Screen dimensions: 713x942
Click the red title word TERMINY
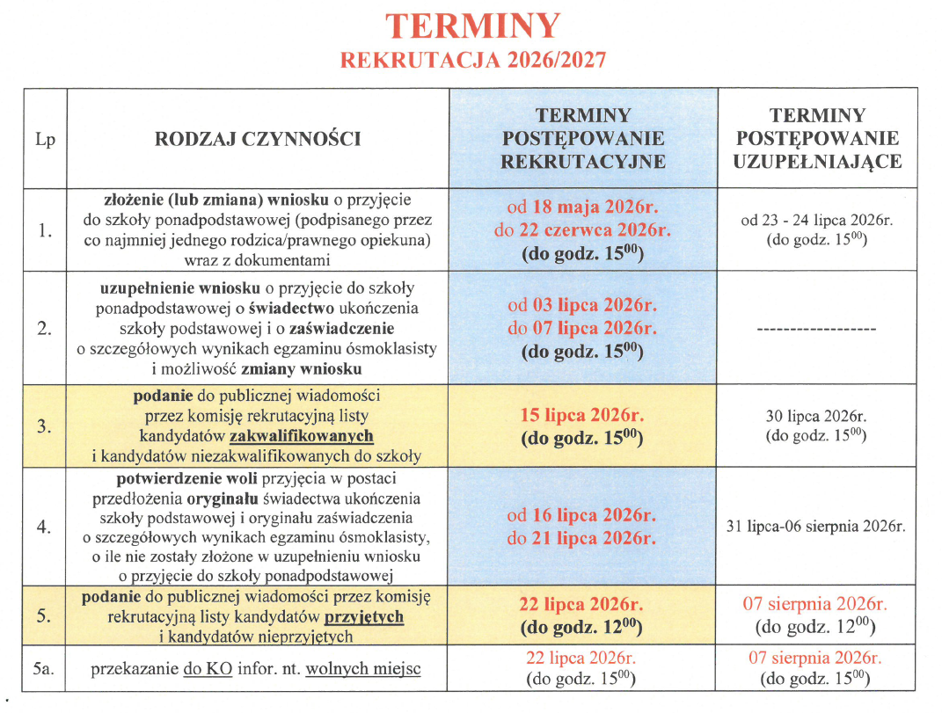(x=473, y=26)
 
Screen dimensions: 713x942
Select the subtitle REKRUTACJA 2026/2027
(x=473, y=60)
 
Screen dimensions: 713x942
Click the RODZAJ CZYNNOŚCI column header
(x=258, y=139)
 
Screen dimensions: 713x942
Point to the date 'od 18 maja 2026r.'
(x=582, y=208)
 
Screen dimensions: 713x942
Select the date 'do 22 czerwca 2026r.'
(x=582, y=231)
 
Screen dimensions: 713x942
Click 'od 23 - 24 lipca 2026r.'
(x=817, y=222)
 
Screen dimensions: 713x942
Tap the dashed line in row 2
(x=817, y=329)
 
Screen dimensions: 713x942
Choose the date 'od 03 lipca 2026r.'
(x=582, y=306)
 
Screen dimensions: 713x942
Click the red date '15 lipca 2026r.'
(x=582, y=412)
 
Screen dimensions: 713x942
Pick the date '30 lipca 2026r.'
(x=817, y=417)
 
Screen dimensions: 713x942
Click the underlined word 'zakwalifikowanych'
(x=301, y=436)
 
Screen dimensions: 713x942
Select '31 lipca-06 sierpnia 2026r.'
(x=817, y=527)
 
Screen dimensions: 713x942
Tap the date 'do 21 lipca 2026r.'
(x=582, y=538)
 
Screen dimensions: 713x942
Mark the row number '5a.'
(x=45, y=669)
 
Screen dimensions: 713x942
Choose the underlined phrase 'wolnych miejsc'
(x=363, y=670)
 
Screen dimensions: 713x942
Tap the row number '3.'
(x=45, y=426)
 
